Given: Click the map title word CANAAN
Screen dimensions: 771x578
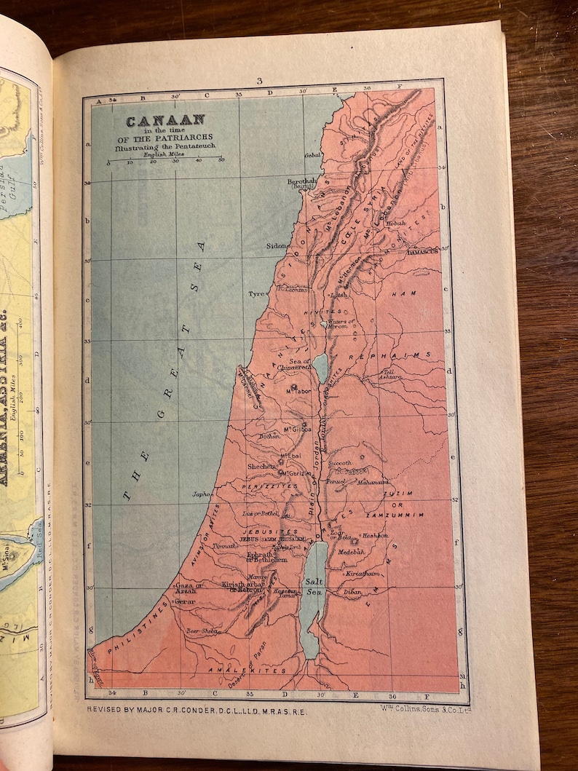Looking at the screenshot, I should click(x=165, y=121).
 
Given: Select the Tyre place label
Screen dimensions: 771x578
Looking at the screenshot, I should click(x=256, y=294).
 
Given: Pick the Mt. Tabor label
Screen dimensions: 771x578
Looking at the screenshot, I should click(x=298, y=391).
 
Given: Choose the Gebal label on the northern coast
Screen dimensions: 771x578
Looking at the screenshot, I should click(x=313, y=156).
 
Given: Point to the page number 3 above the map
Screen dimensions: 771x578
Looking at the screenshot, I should click(x=258, y=82).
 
